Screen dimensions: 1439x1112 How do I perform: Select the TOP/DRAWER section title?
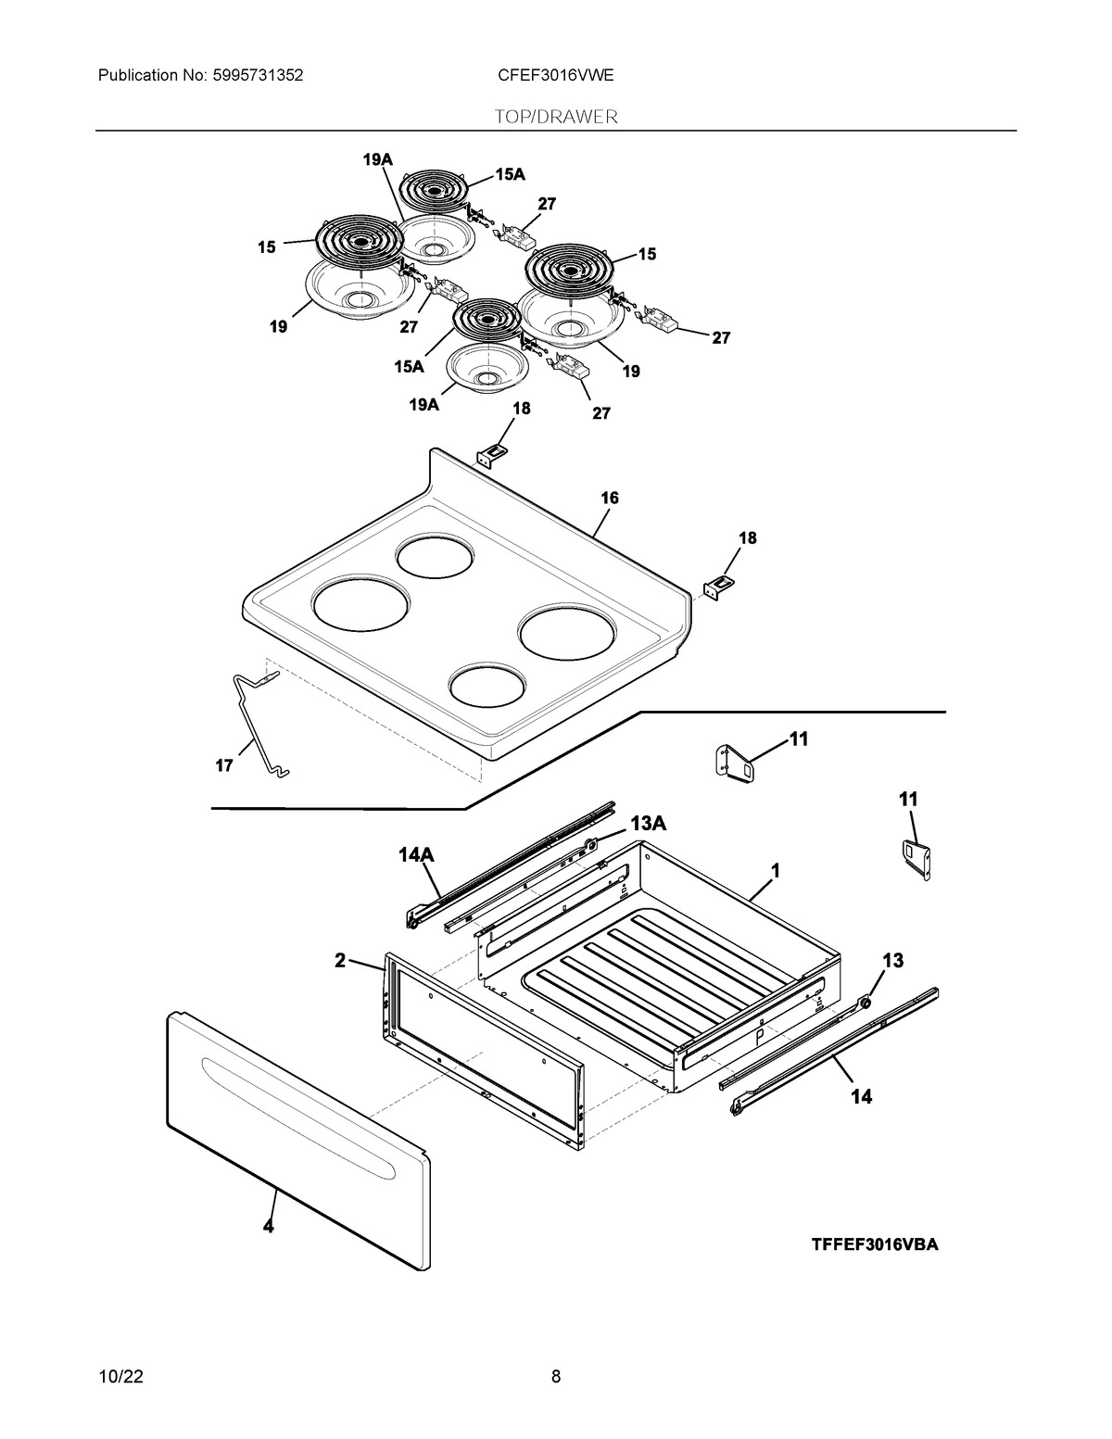[x=556, y=117]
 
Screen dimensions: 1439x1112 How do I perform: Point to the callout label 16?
[x=609, y=499]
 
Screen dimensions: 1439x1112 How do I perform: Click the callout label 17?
[x=224, y=766]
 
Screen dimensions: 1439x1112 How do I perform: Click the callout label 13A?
[x=649, y=823]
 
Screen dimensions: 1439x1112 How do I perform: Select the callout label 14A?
[x=416, y=855]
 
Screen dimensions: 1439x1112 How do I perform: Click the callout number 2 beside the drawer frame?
[x=340, y=961]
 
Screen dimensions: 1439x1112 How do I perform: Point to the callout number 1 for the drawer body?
[x=775, y=871]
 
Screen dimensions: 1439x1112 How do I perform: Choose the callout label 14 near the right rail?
[x=861, y=1097]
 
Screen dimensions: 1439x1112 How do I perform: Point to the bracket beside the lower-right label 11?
[x=916, y=857]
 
